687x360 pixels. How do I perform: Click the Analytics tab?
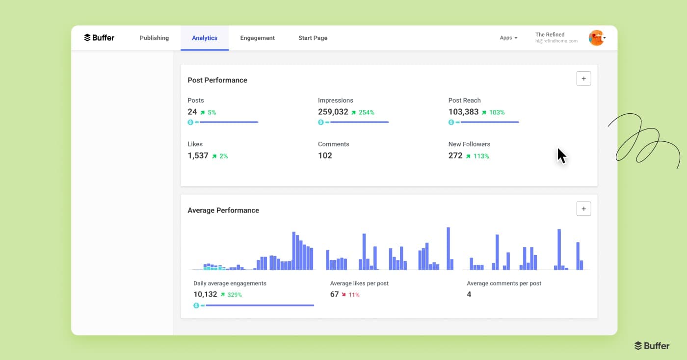point(205,38)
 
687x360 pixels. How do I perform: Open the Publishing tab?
point(154,38)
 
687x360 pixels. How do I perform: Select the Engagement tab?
point(257,38)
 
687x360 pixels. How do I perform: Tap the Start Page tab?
point(313,38)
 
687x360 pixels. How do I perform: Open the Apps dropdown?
point(508,38)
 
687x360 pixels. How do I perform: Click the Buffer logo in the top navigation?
point(99,38)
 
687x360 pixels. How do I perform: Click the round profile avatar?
point(596,38)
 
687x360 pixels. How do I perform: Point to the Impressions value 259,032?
point(333,112)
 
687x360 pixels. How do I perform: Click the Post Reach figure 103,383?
point(463,112)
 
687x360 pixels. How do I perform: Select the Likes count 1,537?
point(198,155)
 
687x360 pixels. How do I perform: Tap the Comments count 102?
point(325,155)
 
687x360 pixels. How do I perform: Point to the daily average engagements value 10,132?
point(205,294)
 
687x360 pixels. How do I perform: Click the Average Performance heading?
point(223,210)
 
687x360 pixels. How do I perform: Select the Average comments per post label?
point(504,283)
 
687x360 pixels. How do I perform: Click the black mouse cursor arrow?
point(561,156)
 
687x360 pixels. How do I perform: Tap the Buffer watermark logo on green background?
point(652,346)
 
